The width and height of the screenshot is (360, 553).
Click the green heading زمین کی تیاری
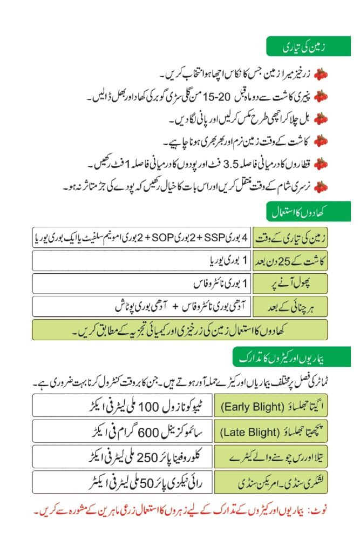tap(308, 47)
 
